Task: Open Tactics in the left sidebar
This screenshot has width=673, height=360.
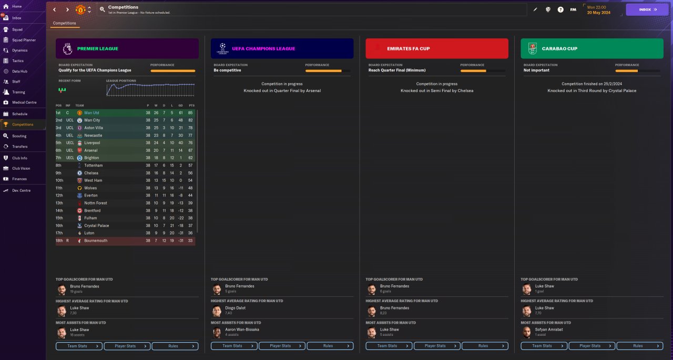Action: coord(18,61)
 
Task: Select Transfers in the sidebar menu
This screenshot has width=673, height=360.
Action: coord(20,147)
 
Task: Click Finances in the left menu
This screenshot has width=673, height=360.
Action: coord(19,179)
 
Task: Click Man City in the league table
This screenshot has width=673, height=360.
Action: coord(92,120)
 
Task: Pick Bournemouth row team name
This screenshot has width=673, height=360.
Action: coord(96,241)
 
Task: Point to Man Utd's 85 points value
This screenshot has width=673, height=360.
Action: coord(190,113)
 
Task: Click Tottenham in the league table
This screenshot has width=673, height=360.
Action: coord(93,166)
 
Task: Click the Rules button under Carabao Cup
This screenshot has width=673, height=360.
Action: coord(638,346)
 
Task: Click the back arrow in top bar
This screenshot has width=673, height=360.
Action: coord(55,9)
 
